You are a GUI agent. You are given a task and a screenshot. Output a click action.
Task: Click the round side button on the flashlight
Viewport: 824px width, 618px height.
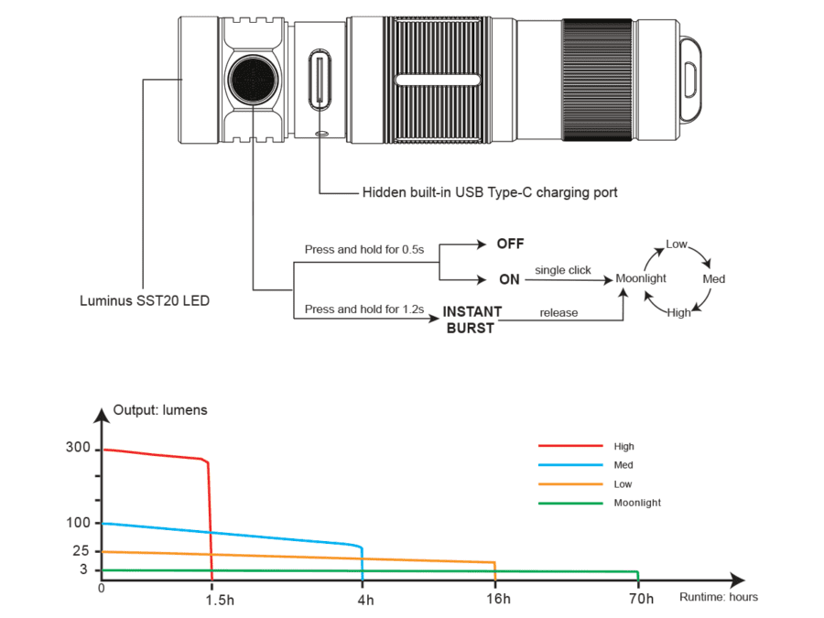point(253,80)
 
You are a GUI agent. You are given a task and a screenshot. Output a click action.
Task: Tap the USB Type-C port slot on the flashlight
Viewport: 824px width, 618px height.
point(320,80)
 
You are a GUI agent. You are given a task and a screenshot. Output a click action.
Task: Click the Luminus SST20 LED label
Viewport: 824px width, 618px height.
point(145,300)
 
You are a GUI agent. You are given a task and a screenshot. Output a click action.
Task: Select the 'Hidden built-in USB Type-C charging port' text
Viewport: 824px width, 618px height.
point(490,192)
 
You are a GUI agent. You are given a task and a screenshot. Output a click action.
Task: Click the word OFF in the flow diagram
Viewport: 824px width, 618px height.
point(510,244)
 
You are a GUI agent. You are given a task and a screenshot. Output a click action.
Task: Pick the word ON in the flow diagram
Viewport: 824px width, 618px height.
point(509,279)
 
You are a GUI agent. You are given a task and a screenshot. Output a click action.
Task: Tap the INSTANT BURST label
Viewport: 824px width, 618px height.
point(472,320)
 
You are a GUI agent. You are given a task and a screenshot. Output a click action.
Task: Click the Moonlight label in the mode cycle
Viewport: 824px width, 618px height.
point(641,278)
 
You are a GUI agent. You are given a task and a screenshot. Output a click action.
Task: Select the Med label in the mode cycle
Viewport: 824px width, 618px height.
point(713,279)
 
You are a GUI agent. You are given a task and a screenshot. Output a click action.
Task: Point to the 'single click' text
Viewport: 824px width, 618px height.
point(563,270)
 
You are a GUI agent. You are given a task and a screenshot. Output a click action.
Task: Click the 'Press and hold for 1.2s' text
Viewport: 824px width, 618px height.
point(364,309)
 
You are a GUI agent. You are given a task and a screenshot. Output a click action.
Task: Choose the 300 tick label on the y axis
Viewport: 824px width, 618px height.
point(79,447)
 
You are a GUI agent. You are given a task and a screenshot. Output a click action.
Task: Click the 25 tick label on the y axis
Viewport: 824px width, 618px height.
point(81,551)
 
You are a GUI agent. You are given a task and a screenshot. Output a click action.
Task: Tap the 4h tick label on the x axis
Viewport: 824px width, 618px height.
point(365,600)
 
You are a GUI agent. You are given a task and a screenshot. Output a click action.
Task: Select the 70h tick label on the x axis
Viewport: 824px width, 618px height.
point(642,599)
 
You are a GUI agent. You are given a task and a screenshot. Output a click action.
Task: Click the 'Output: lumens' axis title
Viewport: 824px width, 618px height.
point(160,410)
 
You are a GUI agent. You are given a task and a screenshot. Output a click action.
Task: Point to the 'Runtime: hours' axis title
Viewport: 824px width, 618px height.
point(719,597)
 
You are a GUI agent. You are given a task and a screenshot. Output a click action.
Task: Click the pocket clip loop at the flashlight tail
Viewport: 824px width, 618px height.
point(691,80)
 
